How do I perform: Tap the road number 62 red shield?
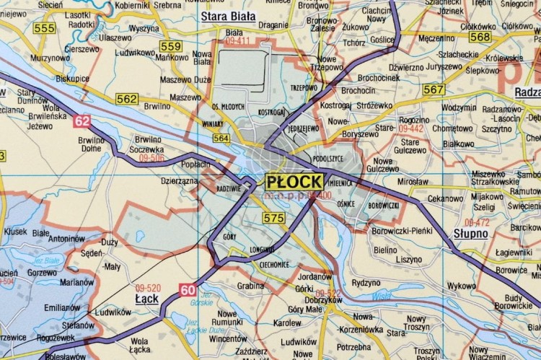(82, 121)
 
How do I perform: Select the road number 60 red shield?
(188, 291)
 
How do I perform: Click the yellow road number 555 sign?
(45, 28)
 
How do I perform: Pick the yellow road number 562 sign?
(127, 99)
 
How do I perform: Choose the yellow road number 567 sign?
(434, 89)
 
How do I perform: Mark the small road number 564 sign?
(221, 139)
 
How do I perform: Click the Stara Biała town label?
(230, 17)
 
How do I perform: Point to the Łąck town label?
(146, 297)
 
